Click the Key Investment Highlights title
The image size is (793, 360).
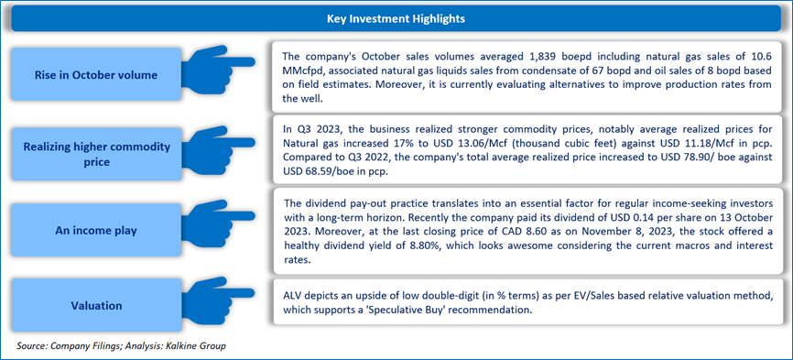396,19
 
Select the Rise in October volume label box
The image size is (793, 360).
96,75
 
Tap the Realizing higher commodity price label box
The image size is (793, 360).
96,155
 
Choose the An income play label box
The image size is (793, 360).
96,231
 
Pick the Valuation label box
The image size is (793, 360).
96,305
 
